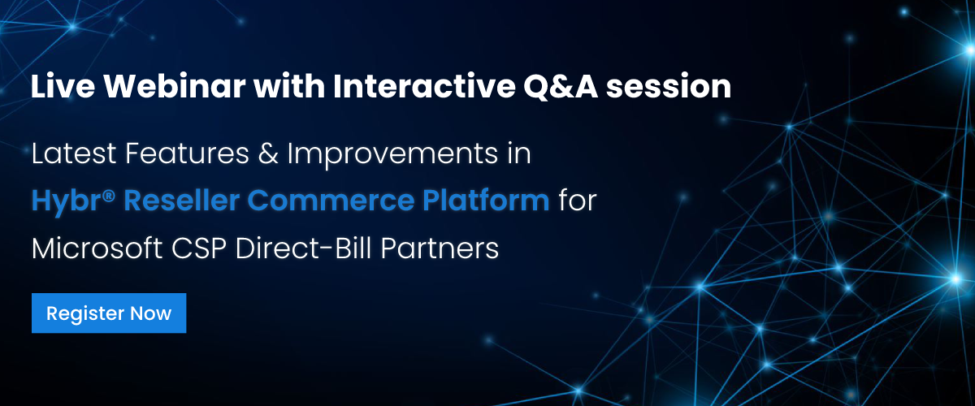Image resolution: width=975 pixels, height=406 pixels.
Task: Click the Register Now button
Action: point(109,313)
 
